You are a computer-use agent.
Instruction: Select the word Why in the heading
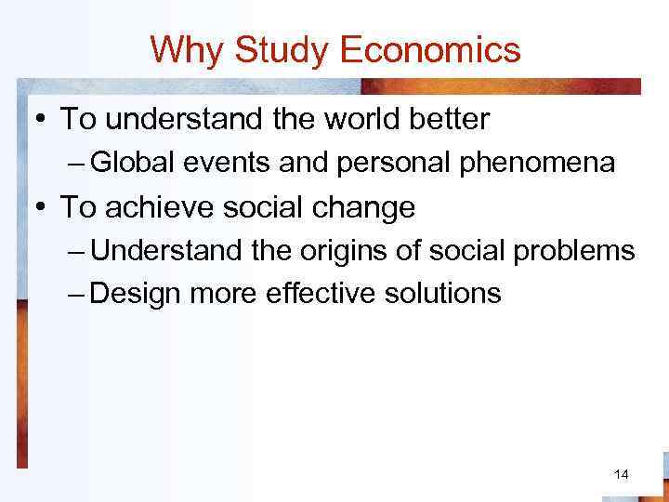(189, 49)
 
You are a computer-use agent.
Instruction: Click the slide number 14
(622, 475)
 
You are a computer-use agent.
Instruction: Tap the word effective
(322, 294)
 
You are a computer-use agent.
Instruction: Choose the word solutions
(444, 294)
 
